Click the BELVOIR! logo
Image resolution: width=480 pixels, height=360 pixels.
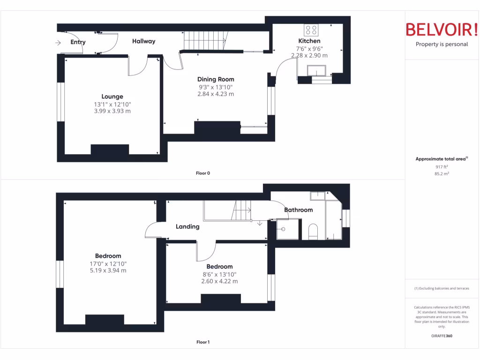pos(442,30)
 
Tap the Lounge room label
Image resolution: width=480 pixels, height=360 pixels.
pos(112,97)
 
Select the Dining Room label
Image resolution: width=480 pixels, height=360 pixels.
pos(216,79)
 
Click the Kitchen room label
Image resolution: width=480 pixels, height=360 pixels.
pos(309,41)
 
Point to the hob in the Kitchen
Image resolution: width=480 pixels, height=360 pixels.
pos(310,30)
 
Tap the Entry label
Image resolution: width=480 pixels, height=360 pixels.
pos(78,42)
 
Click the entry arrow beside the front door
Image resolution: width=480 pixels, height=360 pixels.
pos(58,43)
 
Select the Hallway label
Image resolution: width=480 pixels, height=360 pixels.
pos(143,41)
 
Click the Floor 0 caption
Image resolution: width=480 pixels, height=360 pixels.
pos(203,173)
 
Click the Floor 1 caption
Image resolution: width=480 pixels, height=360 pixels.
pos(203,342)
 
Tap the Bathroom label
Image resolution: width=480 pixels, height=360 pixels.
pos(299,210)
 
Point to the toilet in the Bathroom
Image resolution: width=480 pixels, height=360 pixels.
pos(313,231)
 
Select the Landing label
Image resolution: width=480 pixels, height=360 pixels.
pos(187,226)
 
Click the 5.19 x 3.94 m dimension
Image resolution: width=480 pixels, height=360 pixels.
pos(108,270)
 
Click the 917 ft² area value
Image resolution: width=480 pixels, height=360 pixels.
pos(442,166)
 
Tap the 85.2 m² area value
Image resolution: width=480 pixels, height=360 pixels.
pos(442,173)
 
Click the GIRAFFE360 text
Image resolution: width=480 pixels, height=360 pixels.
pos(442,336)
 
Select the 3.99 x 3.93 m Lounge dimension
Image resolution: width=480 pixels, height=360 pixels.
pos(112,111)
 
